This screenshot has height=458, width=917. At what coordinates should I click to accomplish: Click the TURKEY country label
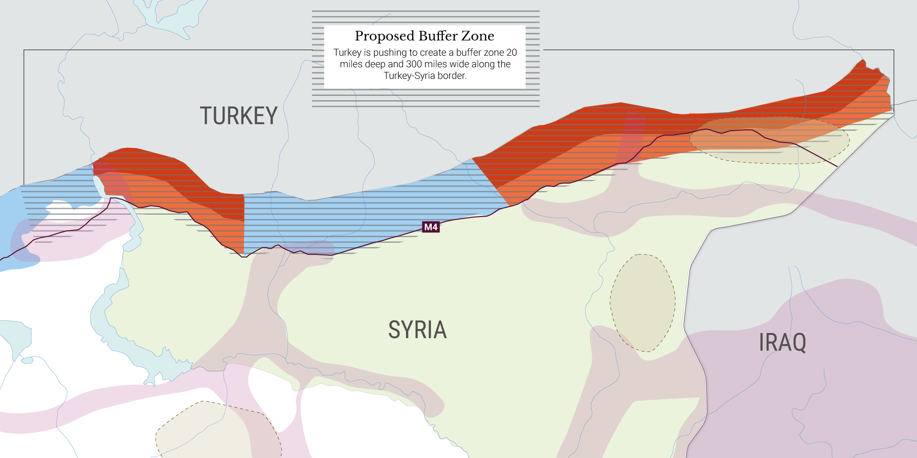click(x=238, y=116)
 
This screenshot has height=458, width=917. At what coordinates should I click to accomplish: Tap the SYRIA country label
click(x=417, y=330)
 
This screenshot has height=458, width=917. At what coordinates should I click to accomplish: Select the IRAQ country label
click(x=782, y=343)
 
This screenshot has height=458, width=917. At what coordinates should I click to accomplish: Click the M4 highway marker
click(x=431, y=227)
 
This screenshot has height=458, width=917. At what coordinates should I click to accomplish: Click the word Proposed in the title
click(x=384, y=36)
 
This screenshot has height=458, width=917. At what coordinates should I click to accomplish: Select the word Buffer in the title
click(x=438, y=36)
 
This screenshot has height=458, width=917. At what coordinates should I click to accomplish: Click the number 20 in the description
click(x=512, y=52)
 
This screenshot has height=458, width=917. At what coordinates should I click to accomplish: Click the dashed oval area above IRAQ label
click(x=643, y=302)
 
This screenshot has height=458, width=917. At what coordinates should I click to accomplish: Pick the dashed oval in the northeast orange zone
click(x=769, y=140)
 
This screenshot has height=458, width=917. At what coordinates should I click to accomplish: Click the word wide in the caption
click(x=462, y=64)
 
